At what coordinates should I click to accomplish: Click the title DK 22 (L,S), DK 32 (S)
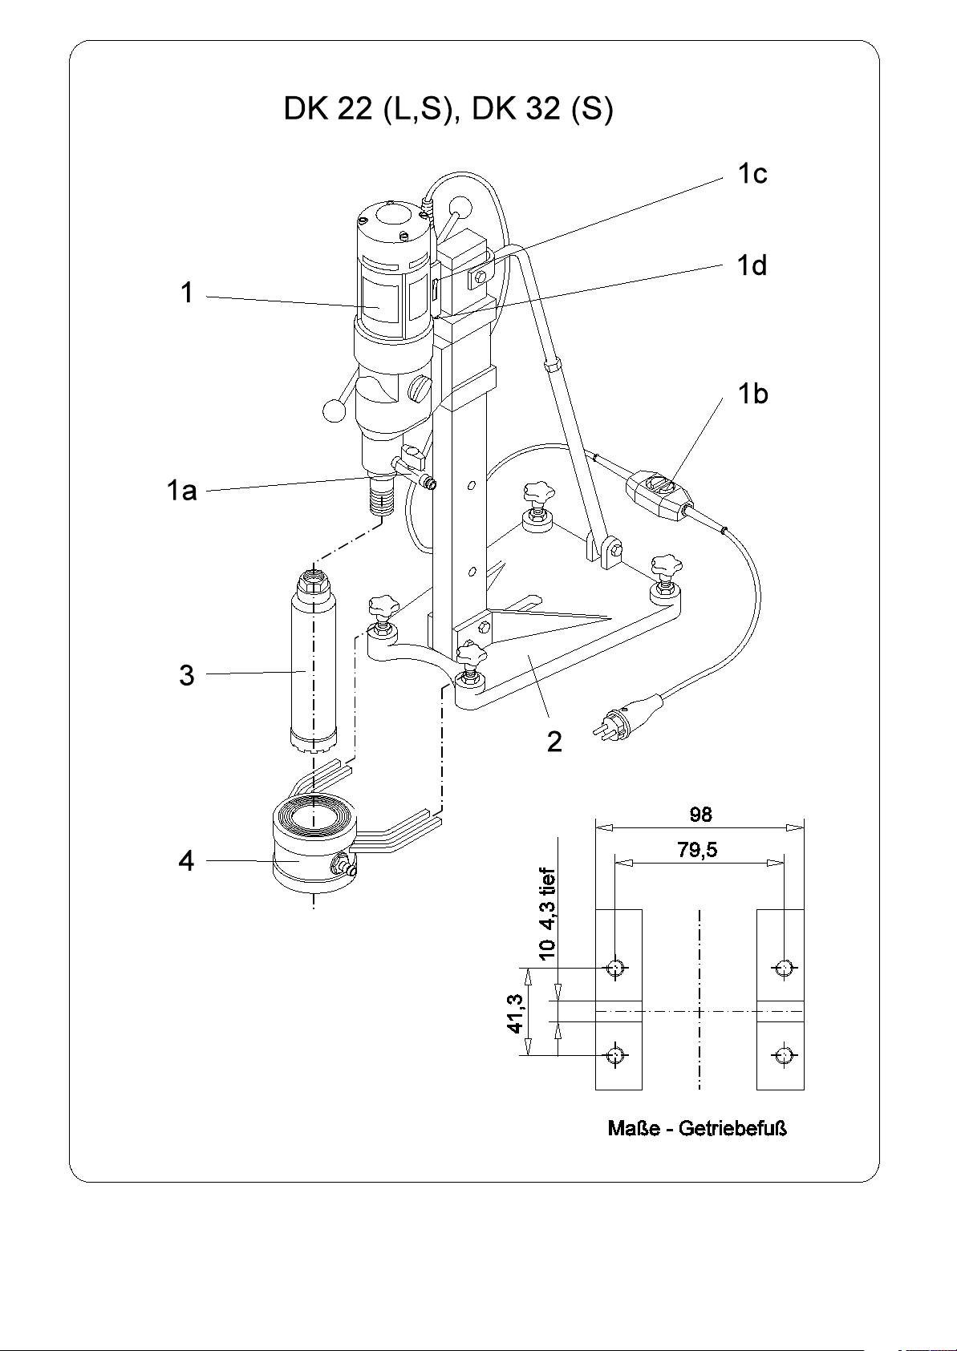click(448, 110)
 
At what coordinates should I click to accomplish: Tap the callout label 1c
click(752, 174)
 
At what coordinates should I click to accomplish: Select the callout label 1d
click(752, 265)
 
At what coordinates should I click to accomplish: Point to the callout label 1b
click(752, 394)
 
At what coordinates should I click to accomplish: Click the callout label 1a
click(181, 490)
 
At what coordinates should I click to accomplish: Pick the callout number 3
click(187, 675)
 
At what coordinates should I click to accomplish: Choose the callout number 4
click(186, 860)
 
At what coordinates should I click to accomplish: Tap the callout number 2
click(554, 742)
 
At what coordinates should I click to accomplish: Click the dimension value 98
click(700, 815)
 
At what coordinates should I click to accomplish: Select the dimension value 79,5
click(697, 850)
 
